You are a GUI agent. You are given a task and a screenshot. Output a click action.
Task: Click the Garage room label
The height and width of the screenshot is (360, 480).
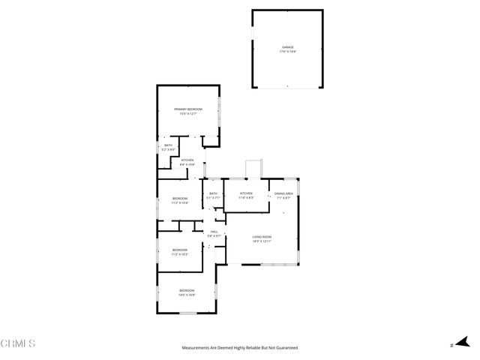(x=287, y=46)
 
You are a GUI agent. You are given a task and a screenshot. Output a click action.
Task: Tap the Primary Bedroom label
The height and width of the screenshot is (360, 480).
(x=189, y=109)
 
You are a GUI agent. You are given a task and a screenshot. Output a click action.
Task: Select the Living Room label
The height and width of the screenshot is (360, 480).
(x=262, y=237)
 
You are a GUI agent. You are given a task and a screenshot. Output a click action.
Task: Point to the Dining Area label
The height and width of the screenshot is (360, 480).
(x=283, y=193)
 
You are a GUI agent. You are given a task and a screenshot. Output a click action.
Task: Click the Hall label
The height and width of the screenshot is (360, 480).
(x=214, y=232)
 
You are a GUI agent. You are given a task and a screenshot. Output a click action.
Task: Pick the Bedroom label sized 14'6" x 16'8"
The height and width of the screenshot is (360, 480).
(x=187, y=290)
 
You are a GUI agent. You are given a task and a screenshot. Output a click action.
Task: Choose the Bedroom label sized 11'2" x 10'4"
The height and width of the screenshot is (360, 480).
(x=179, y=198)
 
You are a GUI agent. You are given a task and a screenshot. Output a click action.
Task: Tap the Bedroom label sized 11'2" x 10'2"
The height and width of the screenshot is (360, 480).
(x=179, y=250)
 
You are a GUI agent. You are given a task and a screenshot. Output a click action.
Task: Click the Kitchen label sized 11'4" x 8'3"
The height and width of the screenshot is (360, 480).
(x=246, y=193)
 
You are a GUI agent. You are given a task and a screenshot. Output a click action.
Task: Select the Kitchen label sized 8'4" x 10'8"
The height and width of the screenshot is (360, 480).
(x=187, y=160)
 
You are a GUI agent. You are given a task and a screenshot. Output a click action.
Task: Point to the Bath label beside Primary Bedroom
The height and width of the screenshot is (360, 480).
(x=168, y=145)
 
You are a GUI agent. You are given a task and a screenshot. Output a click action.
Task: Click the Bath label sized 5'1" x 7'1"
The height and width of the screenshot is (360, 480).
(x=214, y=193)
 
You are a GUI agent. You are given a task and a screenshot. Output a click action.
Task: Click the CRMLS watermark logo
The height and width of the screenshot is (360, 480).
(x=19, y=343)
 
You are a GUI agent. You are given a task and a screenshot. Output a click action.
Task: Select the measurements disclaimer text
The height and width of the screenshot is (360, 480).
(x=240, y=348)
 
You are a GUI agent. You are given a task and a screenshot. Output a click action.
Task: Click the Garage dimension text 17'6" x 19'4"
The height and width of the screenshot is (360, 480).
(x=287, y=51)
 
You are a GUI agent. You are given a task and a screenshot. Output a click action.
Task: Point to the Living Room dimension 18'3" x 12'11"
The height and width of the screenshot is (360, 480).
(x=262, y=241)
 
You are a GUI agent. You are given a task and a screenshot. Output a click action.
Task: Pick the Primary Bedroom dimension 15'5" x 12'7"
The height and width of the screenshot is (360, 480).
(x=189, y=114)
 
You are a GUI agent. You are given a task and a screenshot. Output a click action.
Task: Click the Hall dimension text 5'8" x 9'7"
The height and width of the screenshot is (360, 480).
(x=214, y=236)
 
